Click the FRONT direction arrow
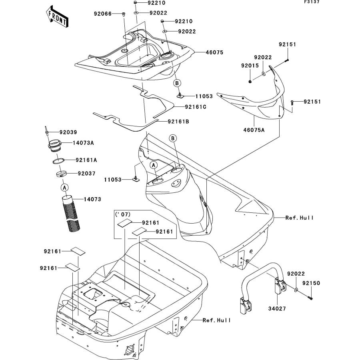point(57,16)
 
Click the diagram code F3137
point(312,2)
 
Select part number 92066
point(103,14)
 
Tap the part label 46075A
point(254,130)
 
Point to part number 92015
point(250,66)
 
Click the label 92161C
point(196,107)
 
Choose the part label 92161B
point(178,122)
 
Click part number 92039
point(68,132)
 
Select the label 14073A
point(83,143)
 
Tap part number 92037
point(86,174)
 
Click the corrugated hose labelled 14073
point(71,213)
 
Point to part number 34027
point(277,309)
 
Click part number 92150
point(311,283)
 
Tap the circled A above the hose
point(65,188)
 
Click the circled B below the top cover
point(177,83)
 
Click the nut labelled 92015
point(250,82)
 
